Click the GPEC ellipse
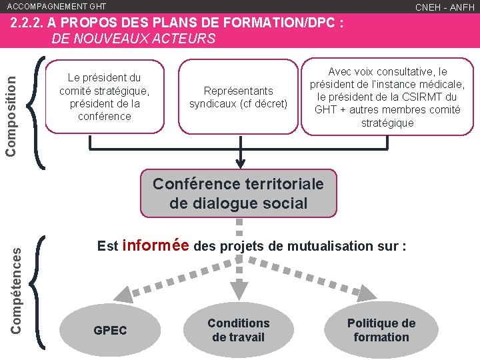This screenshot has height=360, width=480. click(110, 331)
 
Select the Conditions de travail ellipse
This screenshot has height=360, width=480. click(238, 331)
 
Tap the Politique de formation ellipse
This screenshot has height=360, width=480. click(381, 331)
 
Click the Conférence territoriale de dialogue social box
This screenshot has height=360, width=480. click(238, 193)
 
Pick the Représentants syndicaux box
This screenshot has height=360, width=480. click(238, 97)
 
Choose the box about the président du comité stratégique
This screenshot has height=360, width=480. click(104, 97)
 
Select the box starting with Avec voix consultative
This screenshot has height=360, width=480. click(387, 97)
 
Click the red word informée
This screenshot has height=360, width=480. click(156, 245)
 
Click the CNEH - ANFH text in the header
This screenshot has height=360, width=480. click(445, 7)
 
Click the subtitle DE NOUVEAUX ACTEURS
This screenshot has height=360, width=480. click(133, 39)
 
